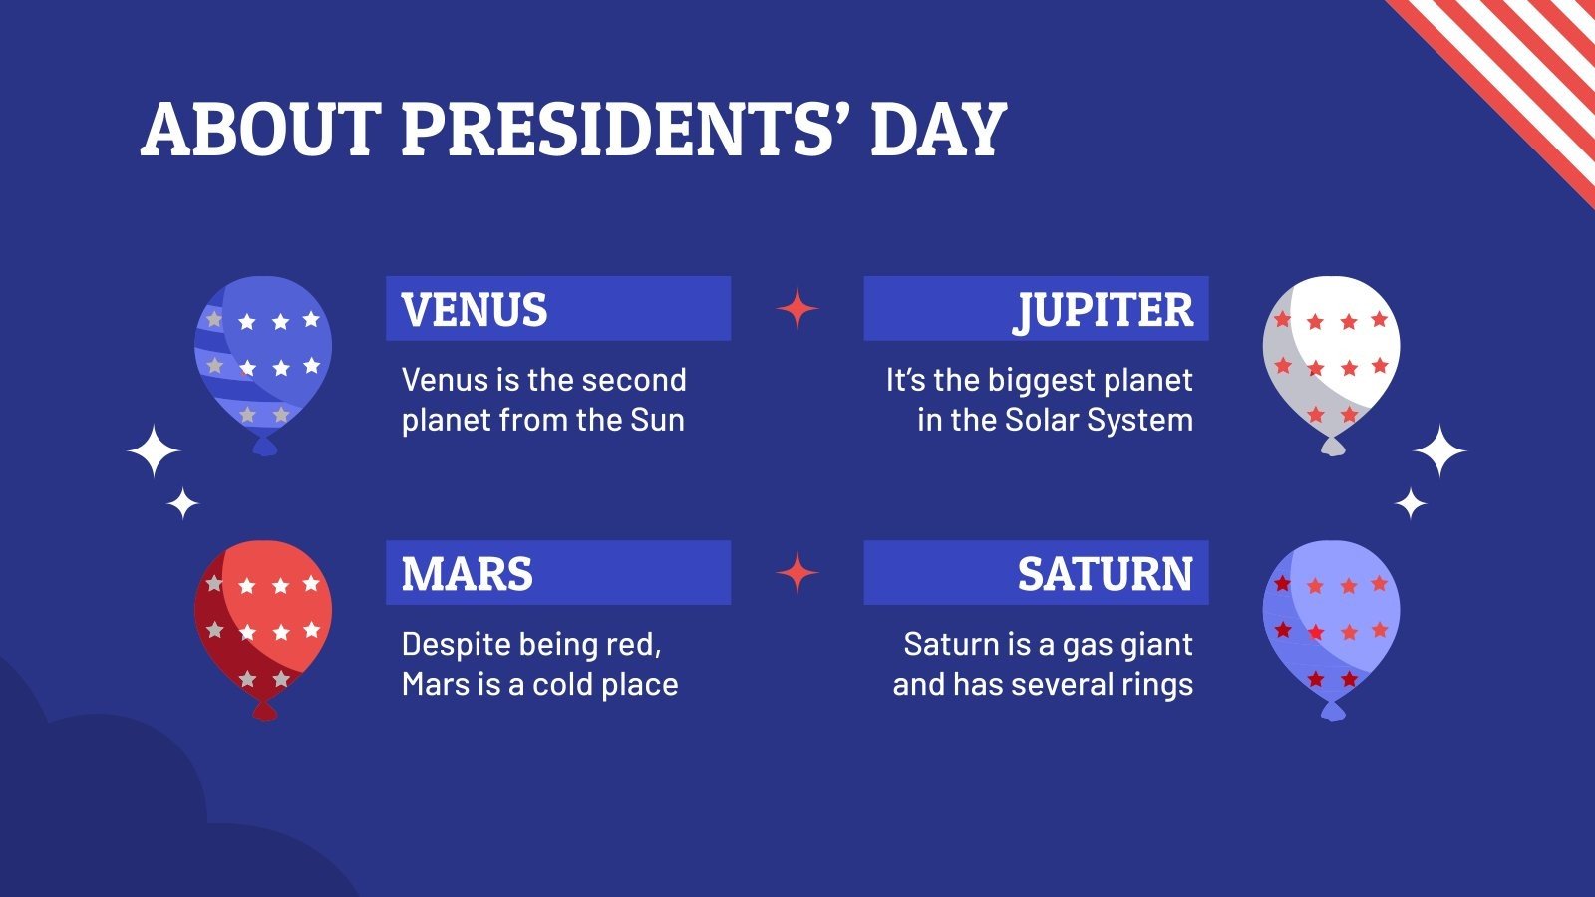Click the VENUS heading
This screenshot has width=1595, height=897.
[475, 310]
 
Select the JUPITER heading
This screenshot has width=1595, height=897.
[1104, 310]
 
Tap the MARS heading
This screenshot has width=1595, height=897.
[467, 574]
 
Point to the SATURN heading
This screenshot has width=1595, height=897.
[1105, 574]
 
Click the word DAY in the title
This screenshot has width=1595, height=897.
[937, 130]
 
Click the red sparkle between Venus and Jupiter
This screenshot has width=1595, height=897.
[797, 309]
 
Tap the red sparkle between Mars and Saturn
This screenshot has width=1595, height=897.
[797, 573]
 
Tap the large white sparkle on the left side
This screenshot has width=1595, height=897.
[155, 451]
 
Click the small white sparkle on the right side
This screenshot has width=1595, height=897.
[1410, 504]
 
